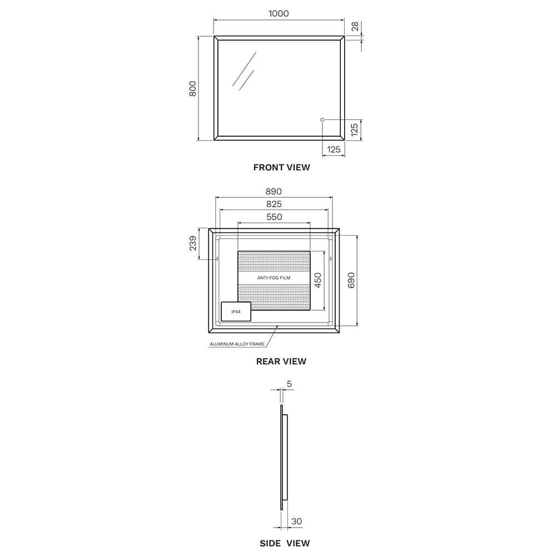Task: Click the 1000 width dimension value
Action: pyautogui.click(x=279, y=13)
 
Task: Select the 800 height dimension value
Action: pyautogui.click(x=193, y=88)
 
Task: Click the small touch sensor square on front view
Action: pyautogui.click(x=322, y=120)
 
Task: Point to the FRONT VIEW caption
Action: pyautogui.click(x=281, y=167)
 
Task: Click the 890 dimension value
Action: pyautogui.click(x=274, y=191)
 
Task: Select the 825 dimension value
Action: pyautogui.click(x=274, y=204)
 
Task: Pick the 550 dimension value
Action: pyautogui.click(x=274, y=217)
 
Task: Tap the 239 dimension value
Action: pyautogui.click(x=193, y=244)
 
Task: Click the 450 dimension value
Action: pyautogui.click(x=318, y=280)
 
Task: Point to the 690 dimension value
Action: pyautogui.click(x=351, y=280)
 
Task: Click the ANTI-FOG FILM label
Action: pyautogui.click(x=274, y=277)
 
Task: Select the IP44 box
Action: pyautogui.click(x=236, y=312)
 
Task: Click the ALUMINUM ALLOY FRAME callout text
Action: pyautogui.click(x=237, y=344)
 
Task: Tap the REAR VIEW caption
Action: pyautogui.click(x=281, y=361)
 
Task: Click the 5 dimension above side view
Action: pyautogui.click(x=289, y=384)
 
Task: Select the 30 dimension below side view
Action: pyautogui.click(x=297, y=521)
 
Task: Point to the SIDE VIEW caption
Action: pyautogui.click(x=285, y=543)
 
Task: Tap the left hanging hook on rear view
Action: pyautogui.click(x=216, y=259)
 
